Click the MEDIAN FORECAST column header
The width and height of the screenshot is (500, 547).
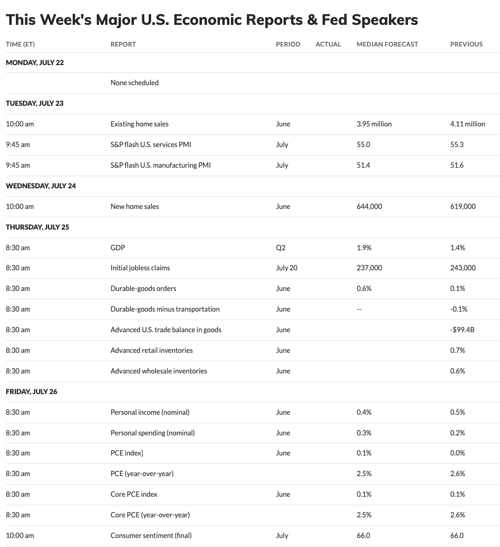387,44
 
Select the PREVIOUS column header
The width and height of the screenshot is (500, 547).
466,44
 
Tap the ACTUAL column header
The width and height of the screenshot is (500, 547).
328,44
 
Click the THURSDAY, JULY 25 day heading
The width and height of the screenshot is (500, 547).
38,227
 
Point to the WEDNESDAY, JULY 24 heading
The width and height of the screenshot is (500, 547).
41,186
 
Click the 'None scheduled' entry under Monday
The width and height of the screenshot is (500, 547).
134,83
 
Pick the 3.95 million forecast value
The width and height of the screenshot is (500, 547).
374,124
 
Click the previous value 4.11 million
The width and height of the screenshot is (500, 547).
467,124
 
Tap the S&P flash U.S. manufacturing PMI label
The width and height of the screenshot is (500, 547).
160,165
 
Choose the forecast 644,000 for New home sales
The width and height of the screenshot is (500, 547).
369,206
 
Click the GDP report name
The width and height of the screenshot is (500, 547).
117,248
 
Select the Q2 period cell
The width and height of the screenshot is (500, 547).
281,248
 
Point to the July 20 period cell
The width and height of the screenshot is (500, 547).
286,268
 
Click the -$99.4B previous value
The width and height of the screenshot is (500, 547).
462,330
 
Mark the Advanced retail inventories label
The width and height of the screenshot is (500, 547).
151,350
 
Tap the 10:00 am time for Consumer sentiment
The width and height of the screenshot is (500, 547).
20,535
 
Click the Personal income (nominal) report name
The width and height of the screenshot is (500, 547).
150,412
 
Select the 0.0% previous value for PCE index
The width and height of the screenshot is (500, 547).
458,453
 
